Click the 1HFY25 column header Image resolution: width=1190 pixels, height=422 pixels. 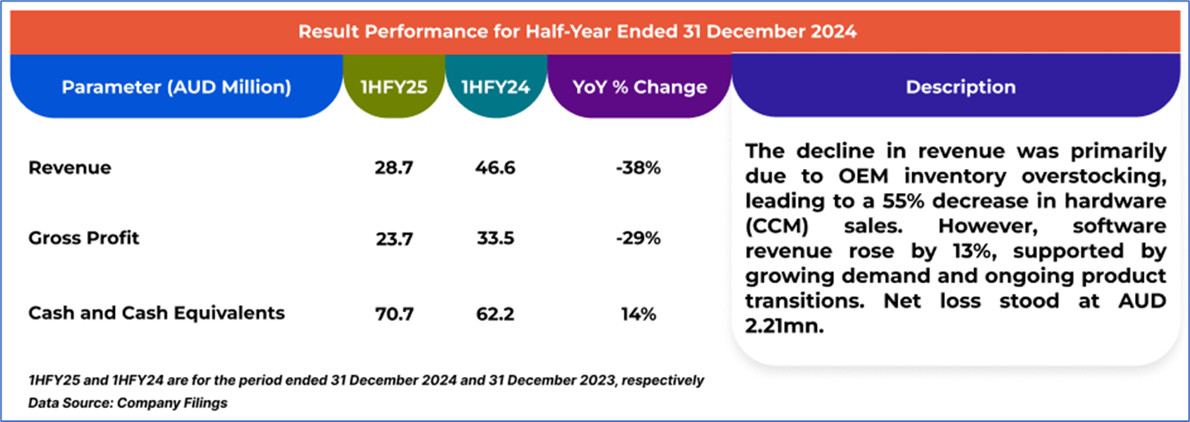(394, 87)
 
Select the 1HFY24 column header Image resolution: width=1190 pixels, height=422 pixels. (495, 87)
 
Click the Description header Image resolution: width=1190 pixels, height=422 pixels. (960, 87)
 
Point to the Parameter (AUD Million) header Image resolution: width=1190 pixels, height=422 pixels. (176, 87)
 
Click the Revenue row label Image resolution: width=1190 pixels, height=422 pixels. (70, 168)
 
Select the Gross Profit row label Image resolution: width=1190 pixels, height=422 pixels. (84, 238)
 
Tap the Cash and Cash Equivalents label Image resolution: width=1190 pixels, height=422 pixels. (156, 313)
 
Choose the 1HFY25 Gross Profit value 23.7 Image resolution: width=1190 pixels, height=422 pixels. (394, 239)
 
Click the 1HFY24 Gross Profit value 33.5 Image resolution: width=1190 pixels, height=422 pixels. (495, 239)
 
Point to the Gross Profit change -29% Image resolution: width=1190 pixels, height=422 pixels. (638, 239)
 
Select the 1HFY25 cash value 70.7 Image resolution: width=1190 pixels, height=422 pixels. (394, 314)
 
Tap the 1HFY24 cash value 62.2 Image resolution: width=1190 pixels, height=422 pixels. (495, 314)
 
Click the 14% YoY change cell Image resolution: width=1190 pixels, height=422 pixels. (638, 314)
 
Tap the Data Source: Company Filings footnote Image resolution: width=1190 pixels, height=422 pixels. (127, 403)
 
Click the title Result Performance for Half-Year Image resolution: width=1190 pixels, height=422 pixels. (577, 32)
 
